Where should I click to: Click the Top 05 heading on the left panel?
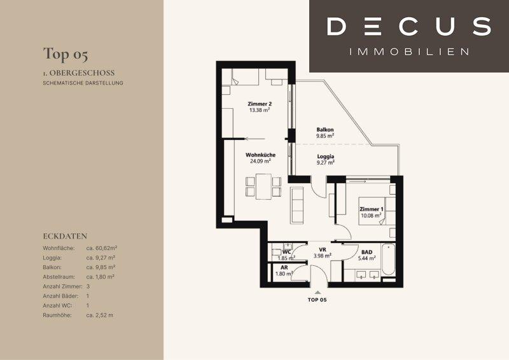click(66, 54)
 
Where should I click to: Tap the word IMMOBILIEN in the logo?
click(409, 52)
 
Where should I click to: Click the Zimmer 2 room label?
click(260, 104)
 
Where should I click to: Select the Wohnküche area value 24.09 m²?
click(260, 161)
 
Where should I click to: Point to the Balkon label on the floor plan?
click(325, 130)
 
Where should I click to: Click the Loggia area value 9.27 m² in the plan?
click(326, 163)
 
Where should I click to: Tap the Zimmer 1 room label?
click(372, 209)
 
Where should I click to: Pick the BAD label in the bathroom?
click(367, 252)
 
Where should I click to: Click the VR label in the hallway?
click(323, 249)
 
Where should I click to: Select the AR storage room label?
click(284, 268)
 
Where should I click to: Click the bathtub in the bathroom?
click(389, 260)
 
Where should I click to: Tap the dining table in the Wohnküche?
click(263, 186)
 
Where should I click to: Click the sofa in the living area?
click(296, 205)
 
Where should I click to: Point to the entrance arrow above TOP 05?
click(317, 293)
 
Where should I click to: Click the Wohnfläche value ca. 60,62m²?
click(102, 248)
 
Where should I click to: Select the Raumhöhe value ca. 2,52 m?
click(100, 315)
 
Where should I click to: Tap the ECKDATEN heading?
click(65, 236)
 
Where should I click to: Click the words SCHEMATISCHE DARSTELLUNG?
click(83, 83)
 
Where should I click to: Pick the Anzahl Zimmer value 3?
click(88, 287)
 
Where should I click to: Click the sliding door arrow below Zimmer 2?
click(255, 139)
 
